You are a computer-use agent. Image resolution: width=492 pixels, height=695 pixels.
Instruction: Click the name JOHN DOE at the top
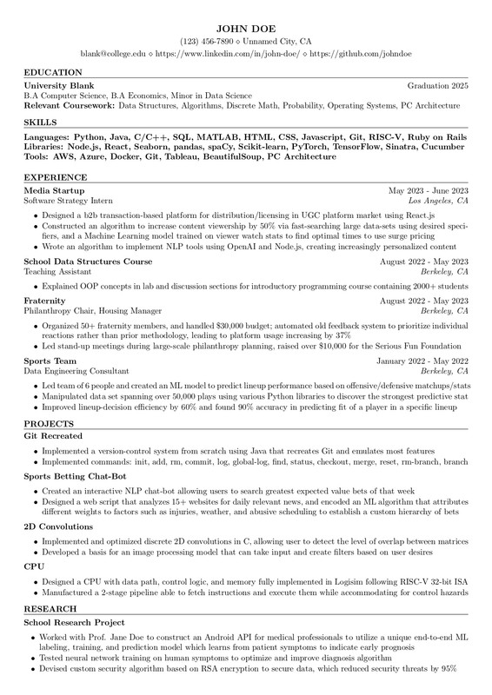pos(246,27)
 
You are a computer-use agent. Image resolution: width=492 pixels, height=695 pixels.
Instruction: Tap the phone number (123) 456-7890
pos(206,41)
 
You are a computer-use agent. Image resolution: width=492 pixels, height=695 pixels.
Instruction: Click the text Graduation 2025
pos(438,86)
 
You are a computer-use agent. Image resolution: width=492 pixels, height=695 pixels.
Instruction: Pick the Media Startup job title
pos(54,190)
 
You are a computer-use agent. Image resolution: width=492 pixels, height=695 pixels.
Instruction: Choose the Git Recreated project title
pos(53,435)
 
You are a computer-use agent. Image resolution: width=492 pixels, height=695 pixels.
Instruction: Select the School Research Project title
pos(74,623)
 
